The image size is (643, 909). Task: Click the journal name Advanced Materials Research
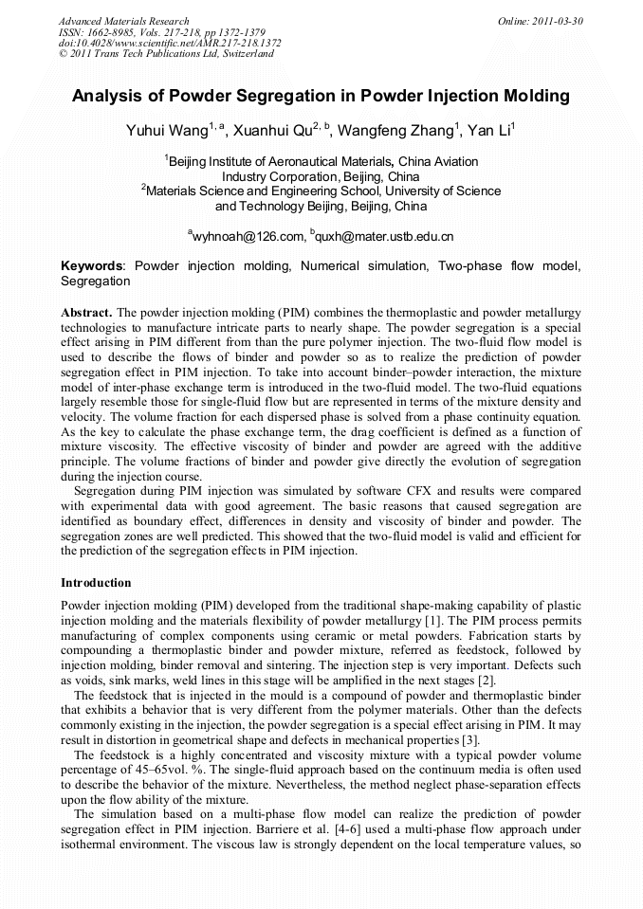(x=123, y=21)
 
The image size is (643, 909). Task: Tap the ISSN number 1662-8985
(x=113, y=32)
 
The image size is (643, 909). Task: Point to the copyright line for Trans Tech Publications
(x=166, y=54)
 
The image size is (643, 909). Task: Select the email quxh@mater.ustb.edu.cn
(x=385, y=236)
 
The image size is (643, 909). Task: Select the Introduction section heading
(x=96, y=582)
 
